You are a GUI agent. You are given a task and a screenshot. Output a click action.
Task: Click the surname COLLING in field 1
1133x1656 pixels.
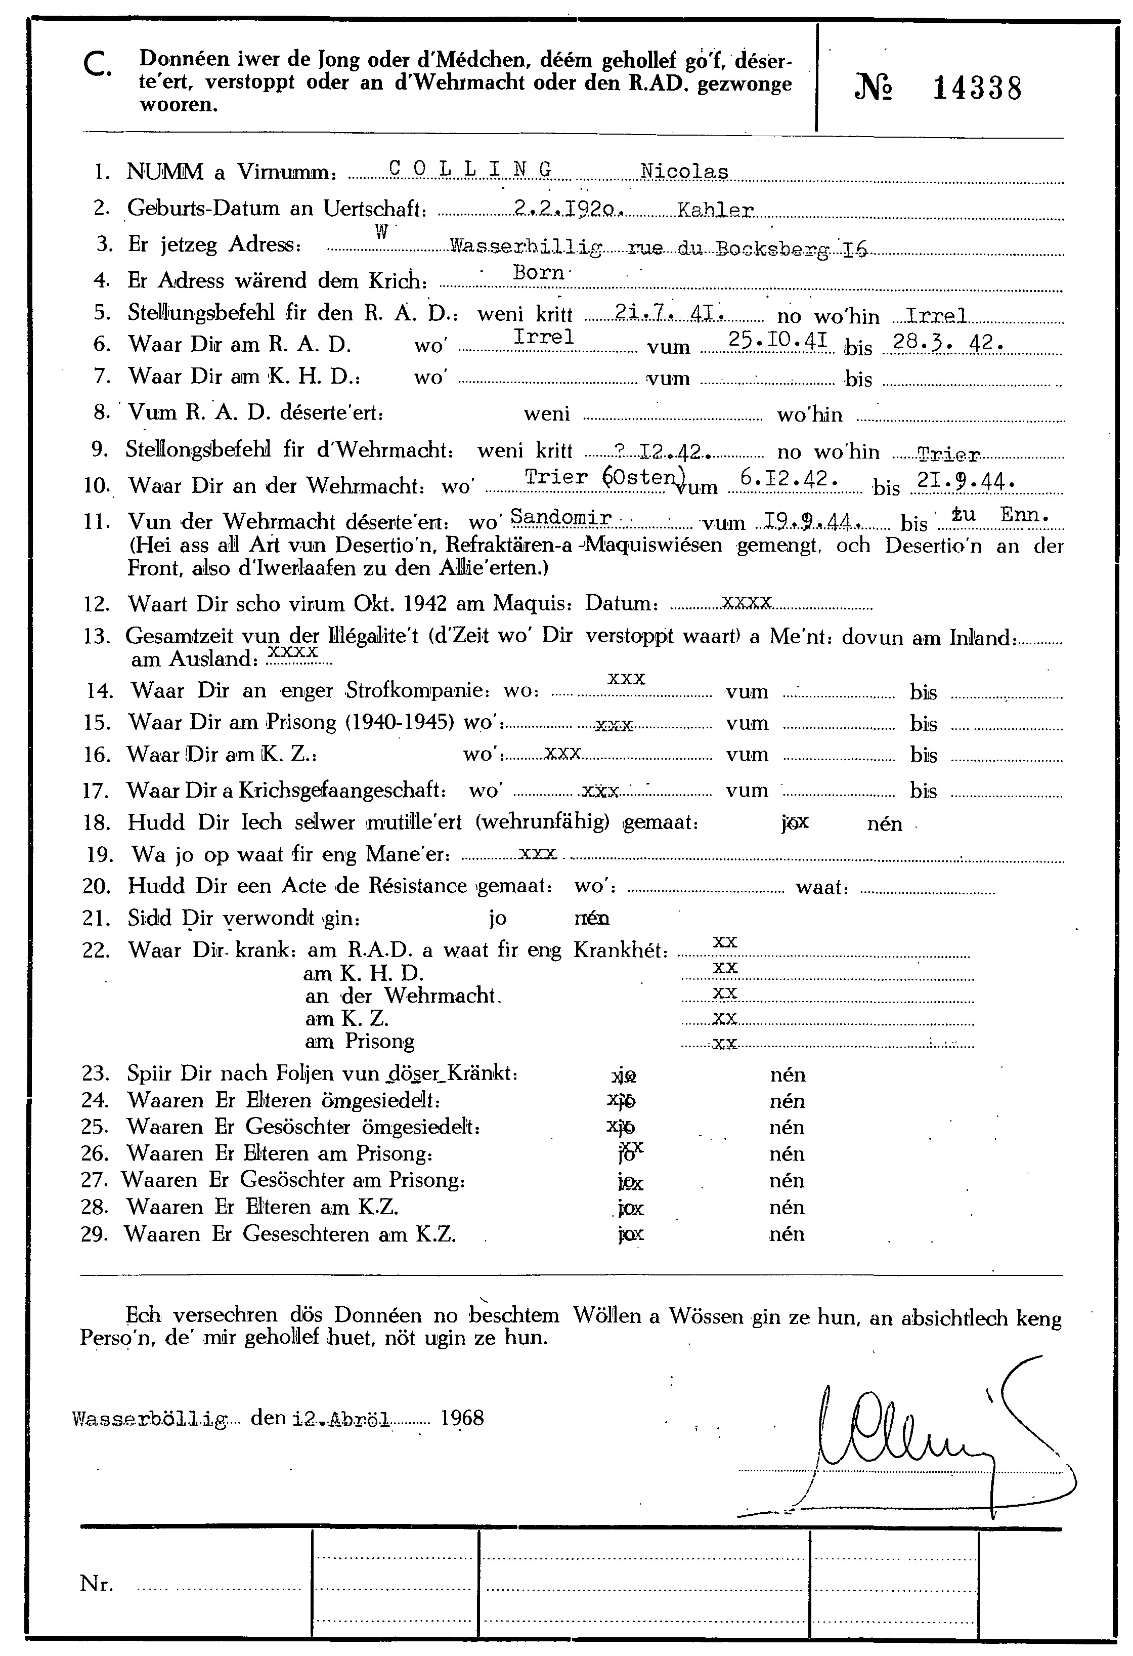click(471, 170)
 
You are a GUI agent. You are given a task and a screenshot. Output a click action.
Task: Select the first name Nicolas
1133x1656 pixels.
click(684, 172)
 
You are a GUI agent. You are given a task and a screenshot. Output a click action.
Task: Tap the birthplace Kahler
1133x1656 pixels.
click(715, 210)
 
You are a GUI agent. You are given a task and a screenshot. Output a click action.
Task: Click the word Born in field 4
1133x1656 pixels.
click(538, 273)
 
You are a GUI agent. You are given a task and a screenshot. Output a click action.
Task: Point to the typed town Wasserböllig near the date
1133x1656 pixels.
click(150, 1420)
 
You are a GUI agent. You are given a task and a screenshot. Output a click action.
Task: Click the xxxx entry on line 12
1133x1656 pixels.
click(746, 602)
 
